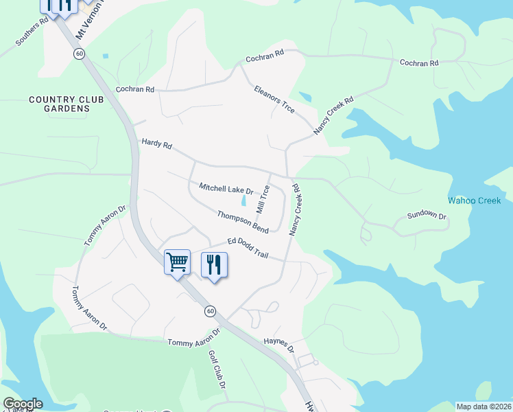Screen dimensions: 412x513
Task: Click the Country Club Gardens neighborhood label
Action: pos(67,104)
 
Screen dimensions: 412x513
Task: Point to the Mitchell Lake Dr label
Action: pos(226,188)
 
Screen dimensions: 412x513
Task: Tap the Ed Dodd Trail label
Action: pos(248,248)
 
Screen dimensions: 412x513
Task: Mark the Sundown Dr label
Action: pos(427,216)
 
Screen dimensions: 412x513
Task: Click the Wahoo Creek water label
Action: pos(475,201)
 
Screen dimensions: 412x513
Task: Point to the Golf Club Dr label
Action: pos(217,370)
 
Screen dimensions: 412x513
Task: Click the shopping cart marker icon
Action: pos(177,262)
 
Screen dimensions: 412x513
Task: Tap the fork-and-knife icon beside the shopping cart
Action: pos(214,264)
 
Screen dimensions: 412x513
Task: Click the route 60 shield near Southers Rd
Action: pos(80,54)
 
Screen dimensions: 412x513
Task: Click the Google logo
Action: pos(22,404)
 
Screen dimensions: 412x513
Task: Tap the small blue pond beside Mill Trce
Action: pos(244,201)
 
